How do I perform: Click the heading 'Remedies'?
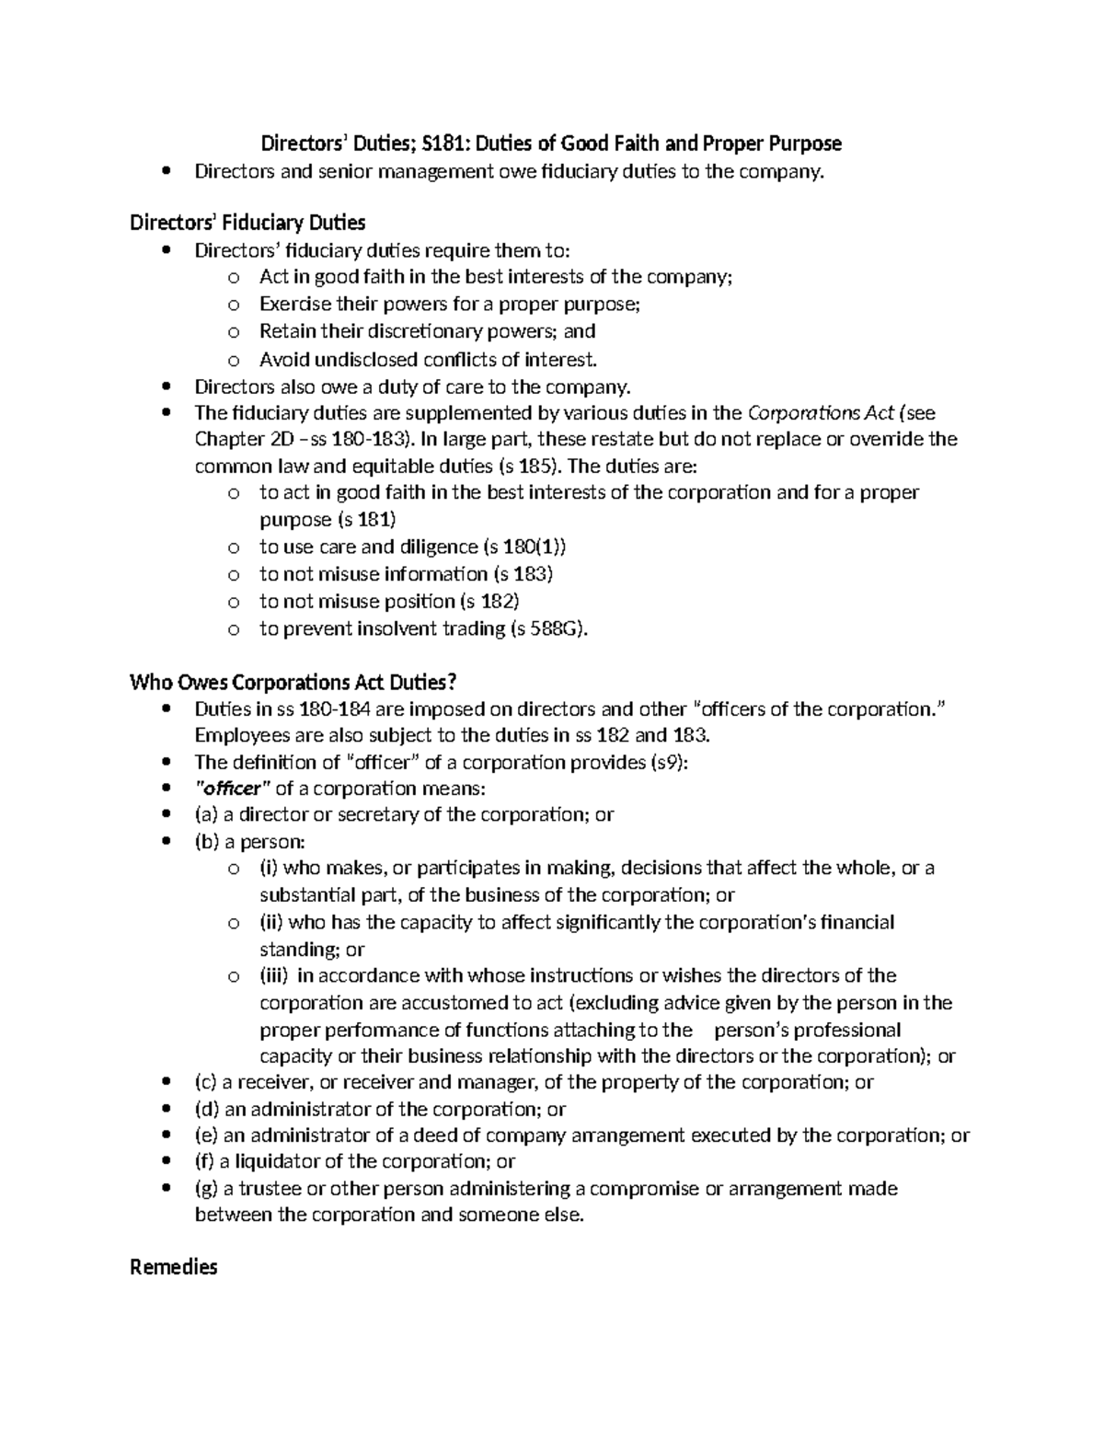[174, 1268]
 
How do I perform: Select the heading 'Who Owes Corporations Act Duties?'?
[293, 682]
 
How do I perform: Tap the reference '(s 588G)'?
[547, 628]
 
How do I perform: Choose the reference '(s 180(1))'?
[524, 547]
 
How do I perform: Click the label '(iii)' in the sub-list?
[274, 975]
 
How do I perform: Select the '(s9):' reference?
[668, 762]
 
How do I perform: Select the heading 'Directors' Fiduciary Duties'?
[247, 223]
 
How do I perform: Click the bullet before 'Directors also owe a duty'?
[166, 386]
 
